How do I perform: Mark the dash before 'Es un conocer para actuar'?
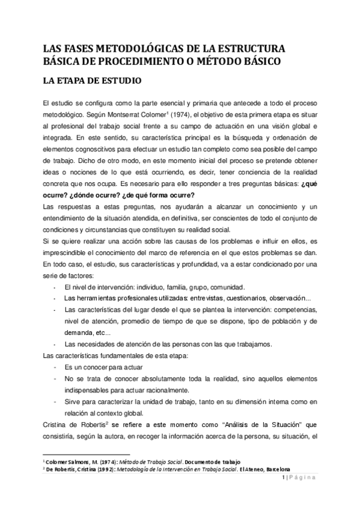(x=55, y=367)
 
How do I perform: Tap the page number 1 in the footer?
(x=283, y=478)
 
